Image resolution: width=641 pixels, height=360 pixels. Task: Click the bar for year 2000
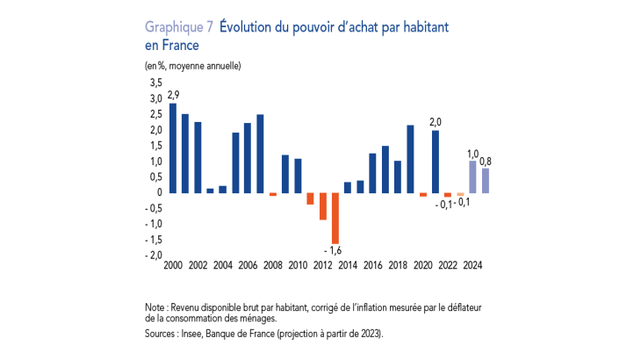173,148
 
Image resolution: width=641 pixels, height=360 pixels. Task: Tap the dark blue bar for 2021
436,162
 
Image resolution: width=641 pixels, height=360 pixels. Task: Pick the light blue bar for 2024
472,176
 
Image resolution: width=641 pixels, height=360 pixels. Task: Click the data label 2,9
174,94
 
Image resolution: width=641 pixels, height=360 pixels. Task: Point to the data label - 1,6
335,251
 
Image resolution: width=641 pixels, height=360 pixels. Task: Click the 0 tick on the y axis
159,193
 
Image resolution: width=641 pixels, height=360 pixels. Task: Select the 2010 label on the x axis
299,265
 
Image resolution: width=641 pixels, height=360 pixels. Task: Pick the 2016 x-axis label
373,265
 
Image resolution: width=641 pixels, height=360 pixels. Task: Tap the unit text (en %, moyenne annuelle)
192,65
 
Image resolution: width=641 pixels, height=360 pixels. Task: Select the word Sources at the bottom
162,334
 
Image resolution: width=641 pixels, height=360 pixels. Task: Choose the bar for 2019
410,159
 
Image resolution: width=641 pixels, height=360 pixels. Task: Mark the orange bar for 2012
323,206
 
